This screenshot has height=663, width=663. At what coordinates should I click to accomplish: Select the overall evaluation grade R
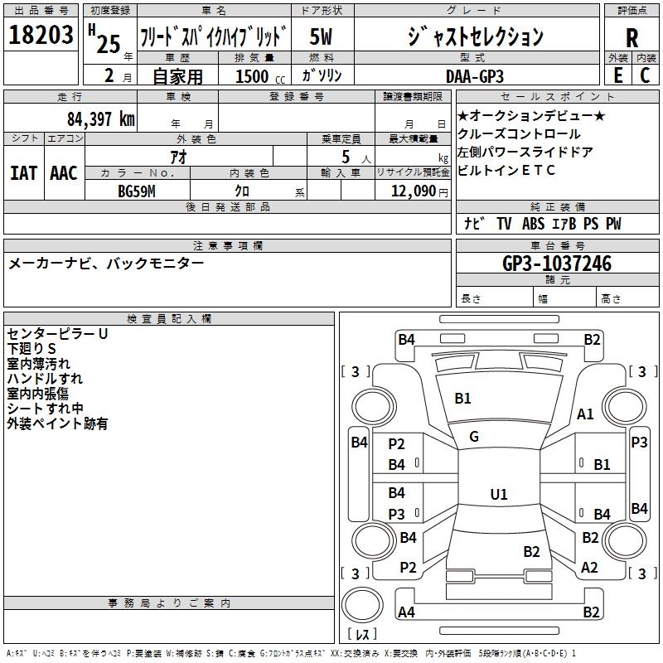[x=632, y=38]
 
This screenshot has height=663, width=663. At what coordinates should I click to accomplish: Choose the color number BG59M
[x=137, y=191]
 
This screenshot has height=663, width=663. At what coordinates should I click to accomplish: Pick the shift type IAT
[x=23, y=173]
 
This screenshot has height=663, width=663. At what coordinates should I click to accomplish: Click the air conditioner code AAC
[x=63, y=173]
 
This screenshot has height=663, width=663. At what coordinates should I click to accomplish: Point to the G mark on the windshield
[x=474, y=437]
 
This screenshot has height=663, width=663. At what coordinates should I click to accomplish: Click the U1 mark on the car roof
[x=498, y=494]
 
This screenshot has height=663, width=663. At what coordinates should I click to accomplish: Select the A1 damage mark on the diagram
[x=586, y=414]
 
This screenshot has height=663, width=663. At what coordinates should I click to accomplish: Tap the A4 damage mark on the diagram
[x=406, y=612]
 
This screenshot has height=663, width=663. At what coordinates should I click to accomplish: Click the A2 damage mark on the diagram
[x=589, y=568]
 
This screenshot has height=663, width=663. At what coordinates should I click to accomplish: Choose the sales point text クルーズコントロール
[x=519, y=134]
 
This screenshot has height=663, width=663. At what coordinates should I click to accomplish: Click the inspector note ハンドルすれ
[x=45, y=379]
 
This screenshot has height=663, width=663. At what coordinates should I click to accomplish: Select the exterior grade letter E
[x=617, y=75]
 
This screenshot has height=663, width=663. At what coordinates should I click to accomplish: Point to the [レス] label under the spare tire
[x=362, y=635]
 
